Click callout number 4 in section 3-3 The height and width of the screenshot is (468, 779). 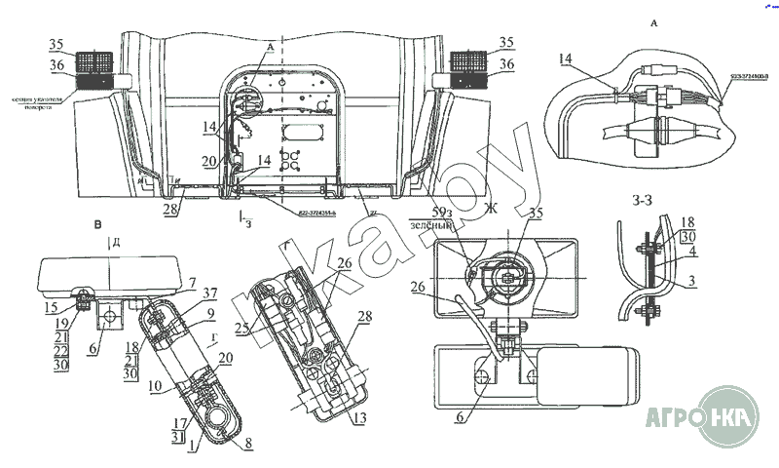[689, 250]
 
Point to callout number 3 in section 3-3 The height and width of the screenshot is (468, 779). [689, 281]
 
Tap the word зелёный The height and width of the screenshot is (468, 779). [436, 226]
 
